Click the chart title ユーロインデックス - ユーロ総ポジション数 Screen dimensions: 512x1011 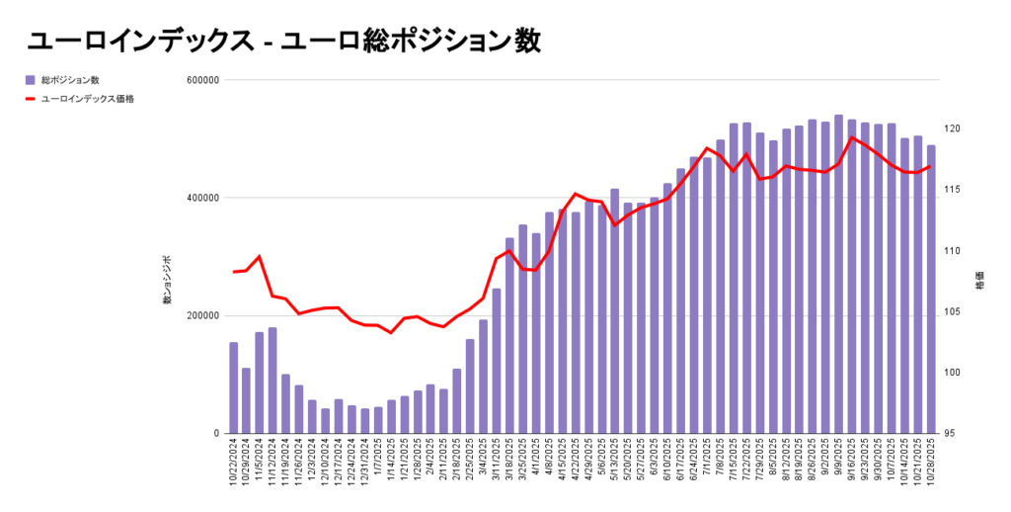tap(284, 41)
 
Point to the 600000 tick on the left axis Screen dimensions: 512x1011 tap(200, 80)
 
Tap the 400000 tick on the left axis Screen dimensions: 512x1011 tap(200, 198)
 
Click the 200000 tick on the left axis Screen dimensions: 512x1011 tap(200, 315)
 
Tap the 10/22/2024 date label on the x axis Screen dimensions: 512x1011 tap(234, 465)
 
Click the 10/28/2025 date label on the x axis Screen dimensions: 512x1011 tap(931, 465)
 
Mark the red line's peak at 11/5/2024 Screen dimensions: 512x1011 tap(259, 256)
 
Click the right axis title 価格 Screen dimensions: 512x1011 tap(978, 281)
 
